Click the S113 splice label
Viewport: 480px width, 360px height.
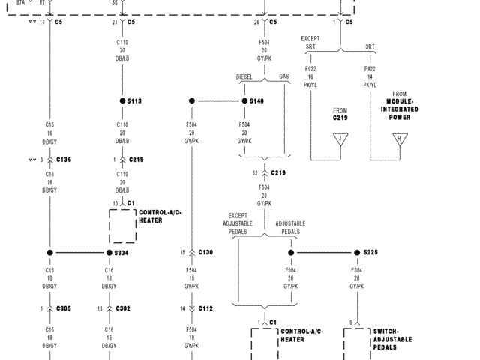click(135, 100)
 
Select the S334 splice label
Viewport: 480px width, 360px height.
click(123, 253)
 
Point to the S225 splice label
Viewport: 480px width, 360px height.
click(370, 253)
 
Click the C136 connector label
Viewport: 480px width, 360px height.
click(63, 160)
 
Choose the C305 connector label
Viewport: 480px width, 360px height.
click(63, 308)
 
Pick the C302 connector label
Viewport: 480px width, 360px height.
click(123, 308)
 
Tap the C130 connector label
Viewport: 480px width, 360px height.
click(205, 253)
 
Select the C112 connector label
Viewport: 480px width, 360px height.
click(205, 308)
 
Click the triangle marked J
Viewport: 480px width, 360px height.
click(341, 139)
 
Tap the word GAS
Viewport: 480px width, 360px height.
click(284, 77)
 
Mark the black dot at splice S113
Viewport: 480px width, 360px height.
click(121, 100)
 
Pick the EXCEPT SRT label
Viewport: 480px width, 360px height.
click(310, 42)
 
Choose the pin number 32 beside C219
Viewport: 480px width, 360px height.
click(255, 173)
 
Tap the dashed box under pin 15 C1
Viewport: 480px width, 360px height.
click(123, 226)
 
